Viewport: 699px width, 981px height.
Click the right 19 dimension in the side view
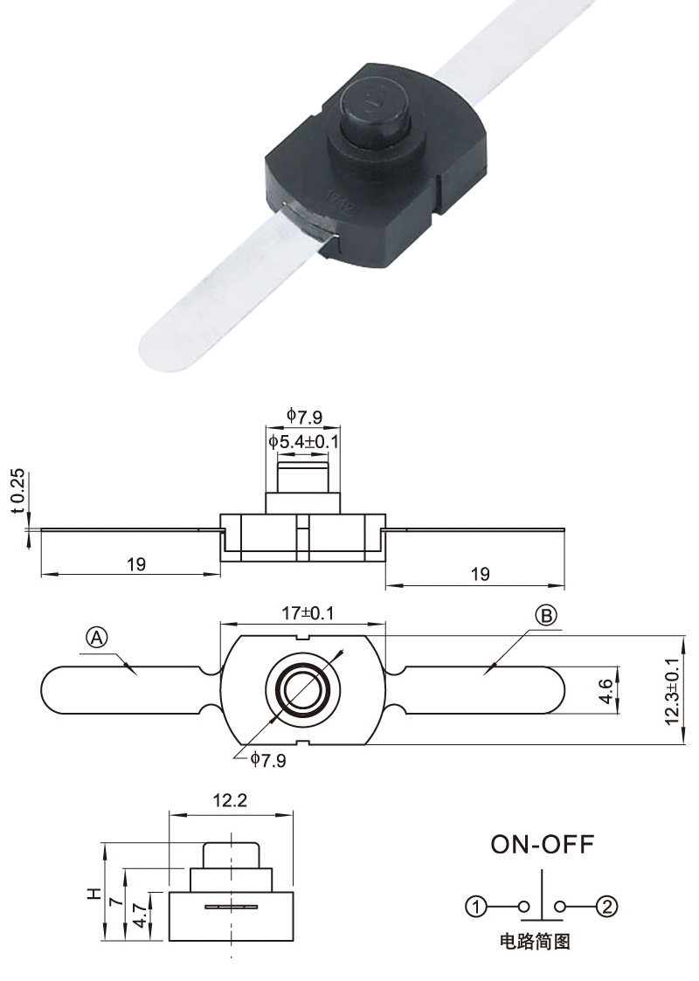point(480,573)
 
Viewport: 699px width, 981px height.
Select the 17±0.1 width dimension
point(303,614)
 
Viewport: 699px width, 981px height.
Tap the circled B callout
point(545,617)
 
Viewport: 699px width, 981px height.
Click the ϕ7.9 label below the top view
point(268,760)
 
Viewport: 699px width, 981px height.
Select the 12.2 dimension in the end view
point(230,799)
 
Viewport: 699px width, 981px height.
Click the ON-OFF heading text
point(542,844)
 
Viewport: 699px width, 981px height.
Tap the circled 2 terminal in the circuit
point(606,907)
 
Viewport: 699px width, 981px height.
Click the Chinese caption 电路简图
point(534,943)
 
